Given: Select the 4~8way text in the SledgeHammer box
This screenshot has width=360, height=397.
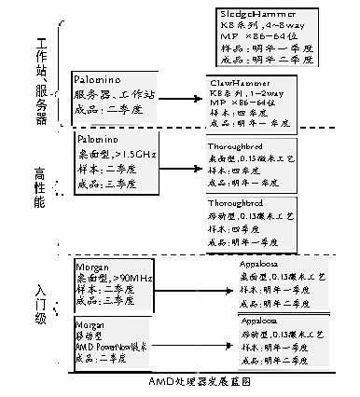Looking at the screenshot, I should coord(280,29).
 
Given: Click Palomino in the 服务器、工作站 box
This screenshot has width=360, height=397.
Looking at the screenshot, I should coord(100,81).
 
